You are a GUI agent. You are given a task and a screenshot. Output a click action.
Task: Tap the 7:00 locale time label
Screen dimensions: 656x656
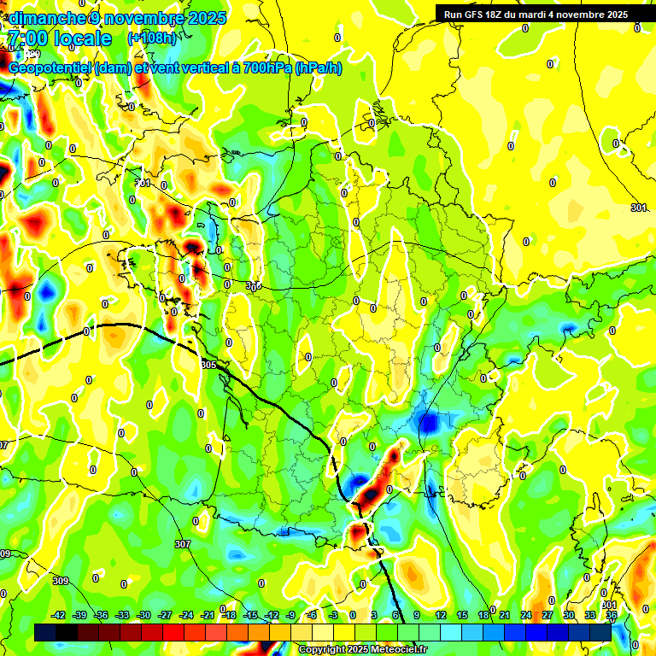pyautogui.click(x=58, y=38)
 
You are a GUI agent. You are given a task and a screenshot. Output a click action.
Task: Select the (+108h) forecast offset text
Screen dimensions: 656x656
pyautogui.click(x=153, y=38)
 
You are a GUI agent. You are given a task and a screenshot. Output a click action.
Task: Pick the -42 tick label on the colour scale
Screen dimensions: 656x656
pyautogui.click(x=59, y=615)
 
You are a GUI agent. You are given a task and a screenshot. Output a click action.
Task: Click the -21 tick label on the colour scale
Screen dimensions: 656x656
pyautogui.click(x=208, y=615)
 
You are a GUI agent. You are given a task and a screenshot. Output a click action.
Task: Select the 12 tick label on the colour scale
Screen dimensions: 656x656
pyautogui.click(x=441, y=615)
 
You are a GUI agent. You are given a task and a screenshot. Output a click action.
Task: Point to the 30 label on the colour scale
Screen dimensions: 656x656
pyautogui.click(x=569, y=615)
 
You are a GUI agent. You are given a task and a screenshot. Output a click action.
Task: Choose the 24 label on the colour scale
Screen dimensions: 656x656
pyautogui.click(x=526, y=615)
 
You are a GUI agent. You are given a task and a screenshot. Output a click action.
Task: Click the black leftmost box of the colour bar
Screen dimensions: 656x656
pyautogui.click(x=45, y=633)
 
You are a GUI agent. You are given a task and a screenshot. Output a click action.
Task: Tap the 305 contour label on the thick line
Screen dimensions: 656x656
pyautogui.click(x=208, y=365)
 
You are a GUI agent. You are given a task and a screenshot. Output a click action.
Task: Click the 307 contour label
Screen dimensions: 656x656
pyautogui.click(x=182, y=544)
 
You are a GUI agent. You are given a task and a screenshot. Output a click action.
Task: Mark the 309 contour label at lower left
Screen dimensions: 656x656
pyautogui.click(x=60, y=581)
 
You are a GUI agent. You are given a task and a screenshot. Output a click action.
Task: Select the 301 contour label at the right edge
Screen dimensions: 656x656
pyautogui.click(x=638, y=208)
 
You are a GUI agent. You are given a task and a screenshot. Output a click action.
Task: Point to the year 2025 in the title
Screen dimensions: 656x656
pyautogui.click(x=208, y=18)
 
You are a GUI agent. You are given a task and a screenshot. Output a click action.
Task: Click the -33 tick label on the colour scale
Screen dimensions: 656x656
pyautogui.click(x=122, y=615)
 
